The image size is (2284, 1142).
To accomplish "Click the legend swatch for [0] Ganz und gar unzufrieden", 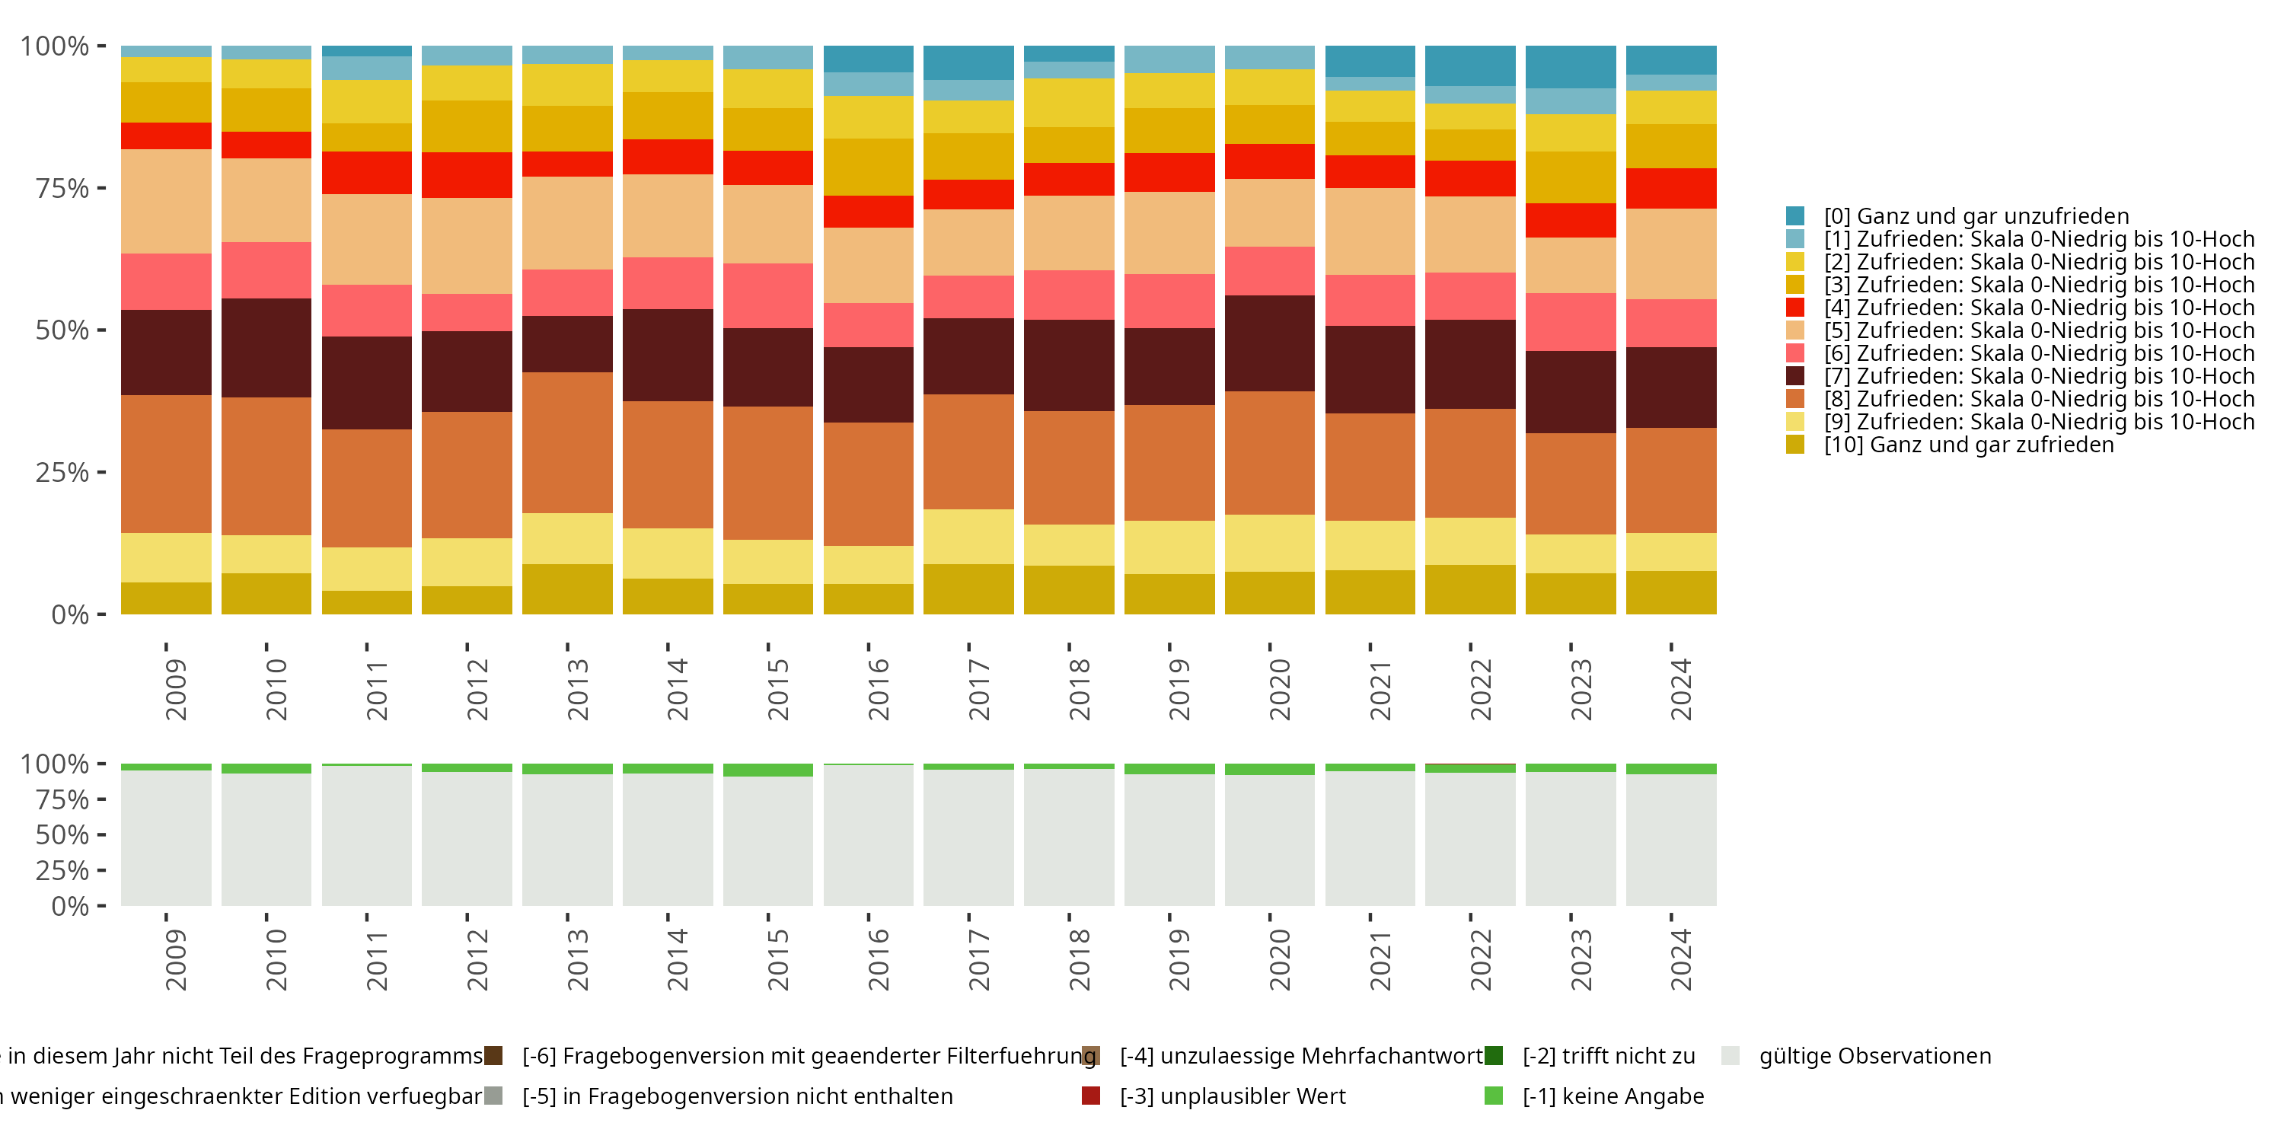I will [x=1794, y=215].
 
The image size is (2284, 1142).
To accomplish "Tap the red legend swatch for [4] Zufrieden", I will [x=1794, y=308].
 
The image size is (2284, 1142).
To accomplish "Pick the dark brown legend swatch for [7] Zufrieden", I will [x=1794, y=376].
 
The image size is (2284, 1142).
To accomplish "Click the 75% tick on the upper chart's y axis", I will [x=62, y=188].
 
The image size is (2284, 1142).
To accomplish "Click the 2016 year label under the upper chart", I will [x=877, y=689].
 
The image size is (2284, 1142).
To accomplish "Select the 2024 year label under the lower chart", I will [x=1680, y=959].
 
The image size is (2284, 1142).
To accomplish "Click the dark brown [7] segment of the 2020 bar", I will [x=1270, y=343].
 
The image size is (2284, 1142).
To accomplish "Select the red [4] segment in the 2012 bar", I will [x=467, y=174].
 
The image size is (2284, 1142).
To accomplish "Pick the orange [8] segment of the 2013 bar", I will [x=566, y=442].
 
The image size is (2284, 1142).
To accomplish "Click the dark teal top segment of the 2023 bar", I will [x=1570, y=66].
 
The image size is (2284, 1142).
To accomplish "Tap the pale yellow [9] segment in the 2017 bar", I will [x=968, y=537].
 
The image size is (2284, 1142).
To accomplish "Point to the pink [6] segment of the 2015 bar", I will [x=768, y=295].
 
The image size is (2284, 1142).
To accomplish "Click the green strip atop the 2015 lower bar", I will [x=768, y=770].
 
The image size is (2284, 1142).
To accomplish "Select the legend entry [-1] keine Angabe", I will [x=1613, y=1096].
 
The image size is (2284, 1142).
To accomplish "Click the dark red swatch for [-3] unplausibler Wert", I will [x=1090, y=1096].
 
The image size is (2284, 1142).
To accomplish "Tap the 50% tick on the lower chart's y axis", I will [x=62, y=834].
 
